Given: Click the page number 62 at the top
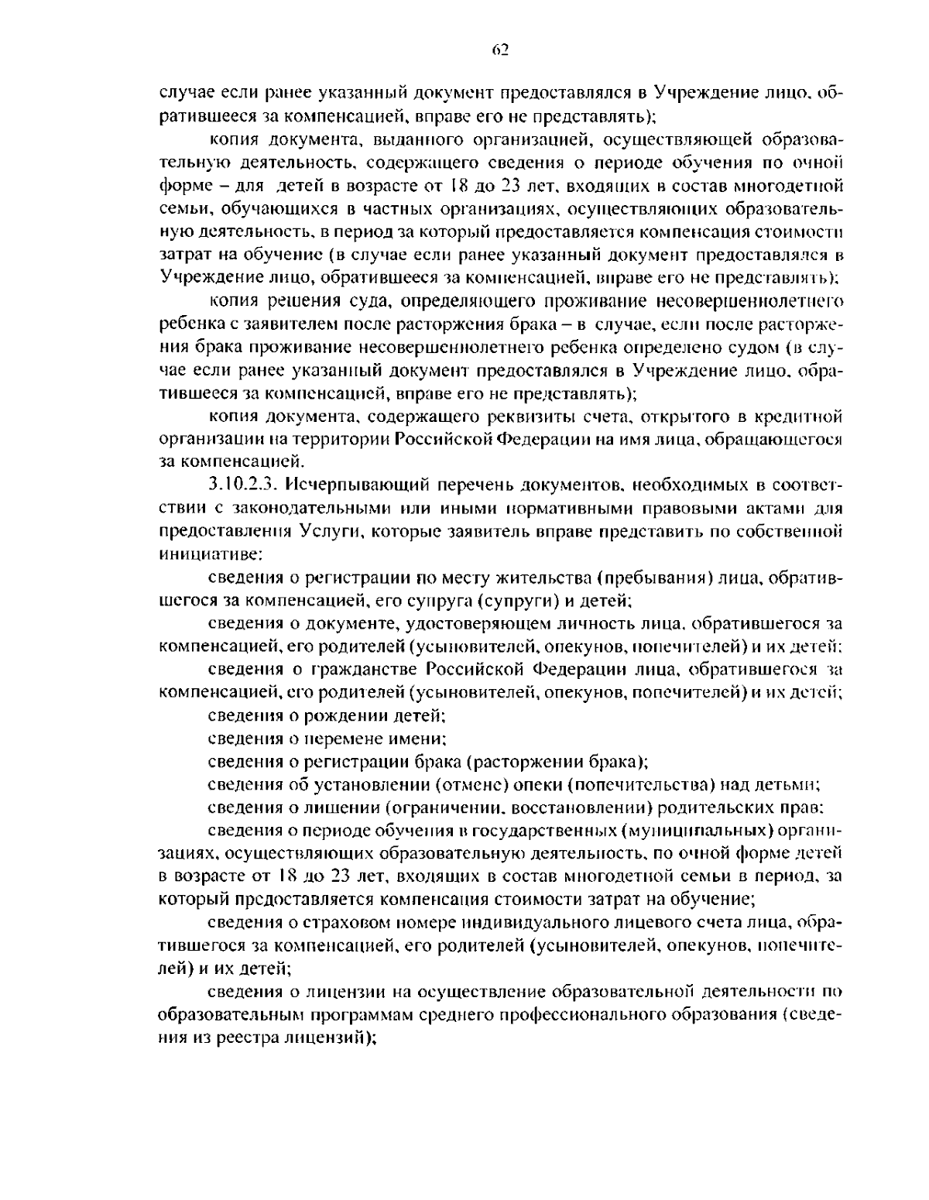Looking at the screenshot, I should coord(499,51).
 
